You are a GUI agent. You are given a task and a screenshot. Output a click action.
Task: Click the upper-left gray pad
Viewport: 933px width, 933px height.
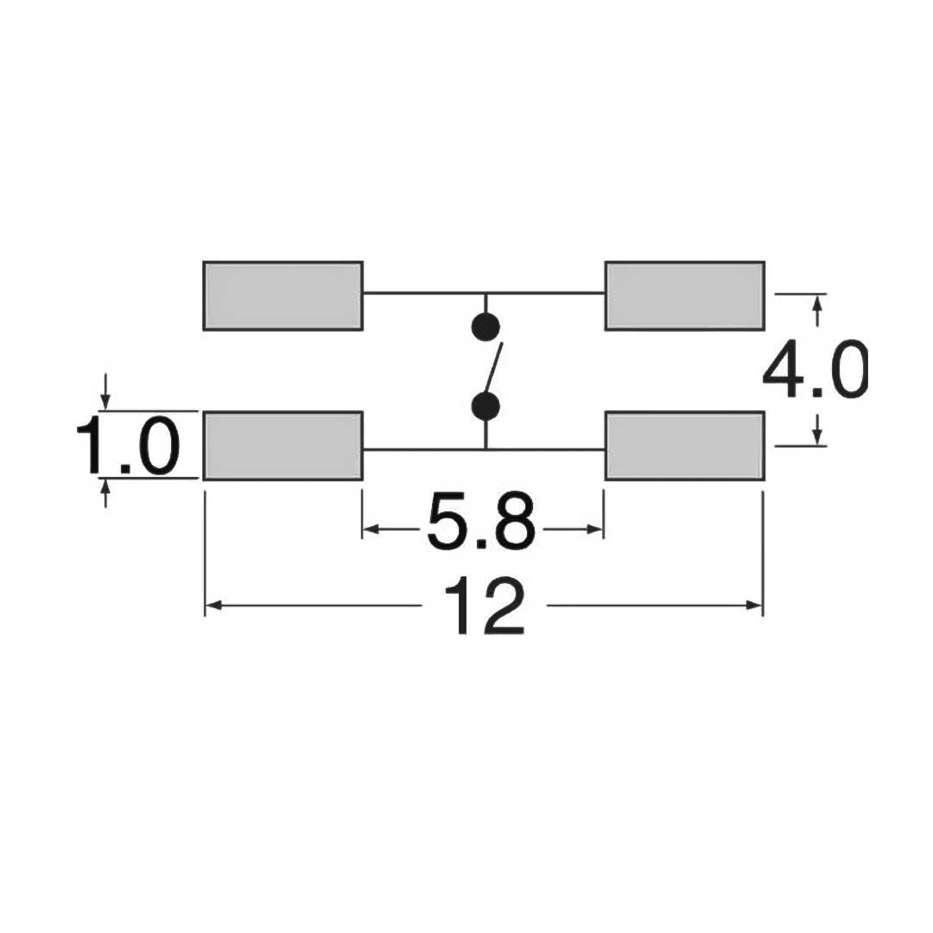tap(282, 295)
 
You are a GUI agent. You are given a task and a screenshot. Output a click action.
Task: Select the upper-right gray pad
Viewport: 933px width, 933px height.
tap(684, 295)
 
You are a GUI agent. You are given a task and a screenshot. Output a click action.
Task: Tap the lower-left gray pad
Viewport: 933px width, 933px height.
tap(282, 445)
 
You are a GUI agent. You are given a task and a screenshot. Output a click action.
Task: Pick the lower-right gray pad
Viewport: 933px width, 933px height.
tap(684, 445)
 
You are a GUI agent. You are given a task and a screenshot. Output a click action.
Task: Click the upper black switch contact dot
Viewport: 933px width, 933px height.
tap(486, 327)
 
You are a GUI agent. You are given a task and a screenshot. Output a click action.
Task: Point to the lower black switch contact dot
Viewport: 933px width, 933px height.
tap(486, 405)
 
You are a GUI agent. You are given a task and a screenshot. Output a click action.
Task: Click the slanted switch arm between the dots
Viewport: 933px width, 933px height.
tap(492, 367)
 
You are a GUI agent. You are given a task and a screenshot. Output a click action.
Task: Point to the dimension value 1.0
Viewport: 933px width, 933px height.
tap(127, 447)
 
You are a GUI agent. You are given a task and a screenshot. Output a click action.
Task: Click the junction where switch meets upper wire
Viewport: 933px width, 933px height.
tap(486, 294)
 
